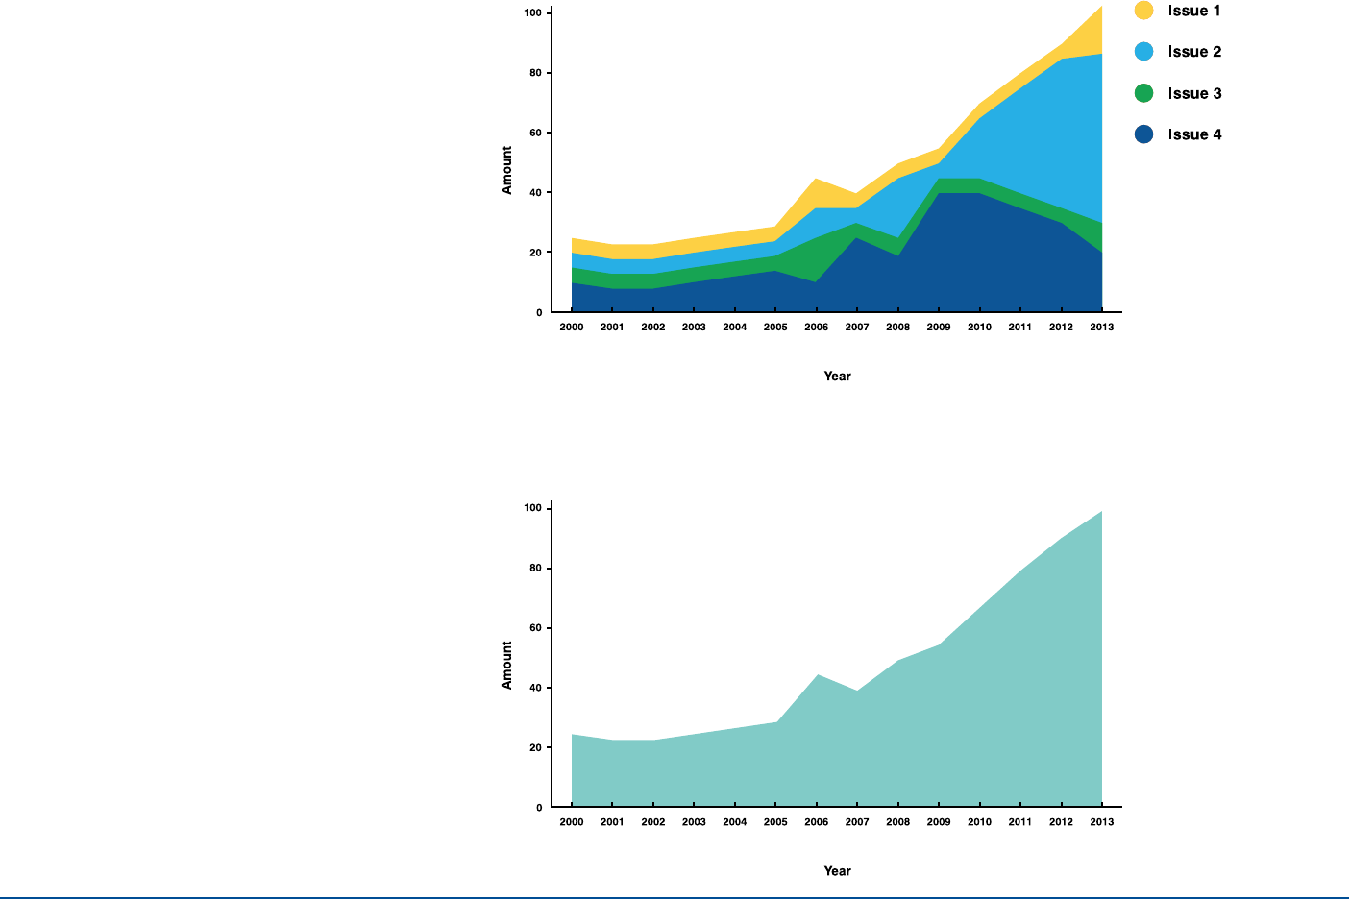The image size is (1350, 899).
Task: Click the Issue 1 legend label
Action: point(1194,11)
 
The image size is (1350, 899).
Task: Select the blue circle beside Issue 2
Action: point(1143,52)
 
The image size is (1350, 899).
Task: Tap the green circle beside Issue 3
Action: point(1143,93)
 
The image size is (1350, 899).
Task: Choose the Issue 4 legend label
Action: point(1194,134)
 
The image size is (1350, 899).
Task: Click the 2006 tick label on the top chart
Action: point(816,328)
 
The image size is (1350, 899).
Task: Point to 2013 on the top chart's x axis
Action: point(1101,328)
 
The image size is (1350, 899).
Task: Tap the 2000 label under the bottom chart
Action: point(572,822)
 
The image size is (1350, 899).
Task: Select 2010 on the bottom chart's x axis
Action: point(979,822)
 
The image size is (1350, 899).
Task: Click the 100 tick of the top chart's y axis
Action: point(533,13)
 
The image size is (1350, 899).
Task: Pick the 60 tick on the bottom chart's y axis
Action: point(536,628)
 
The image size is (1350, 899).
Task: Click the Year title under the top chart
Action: point(837,377)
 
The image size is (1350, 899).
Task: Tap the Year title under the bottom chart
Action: point(837,871)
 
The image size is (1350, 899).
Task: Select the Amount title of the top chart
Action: point(507,170)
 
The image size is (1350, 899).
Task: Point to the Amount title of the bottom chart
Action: point(507,665)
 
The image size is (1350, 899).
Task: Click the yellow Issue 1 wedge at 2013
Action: point(1093,35)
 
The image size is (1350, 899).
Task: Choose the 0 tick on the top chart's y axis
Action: point(539,313)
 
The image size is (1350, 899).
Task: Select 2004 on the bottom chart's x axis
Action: point(735,822)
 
